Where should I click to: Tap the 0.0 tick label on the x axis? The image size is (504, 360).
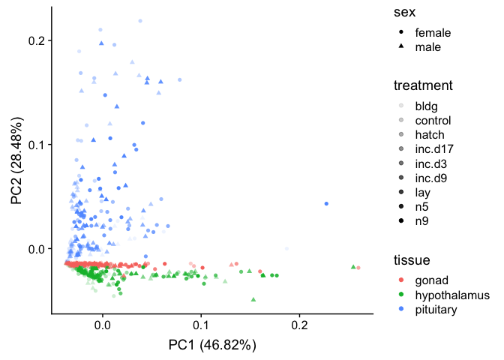pos(102,326)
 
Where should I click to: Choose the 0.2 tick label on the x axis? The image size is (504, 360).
pos(299,326)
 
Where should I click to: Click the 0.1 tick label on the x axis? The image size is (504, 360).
pos(201,326)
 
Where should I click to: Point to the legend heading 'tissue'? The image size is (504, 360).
pos(412,260)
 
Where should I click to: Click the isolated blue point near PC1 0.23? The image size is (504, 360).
pos(326,203)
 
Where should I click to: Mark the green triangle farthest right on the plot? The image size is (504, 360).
pos(352,266)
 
